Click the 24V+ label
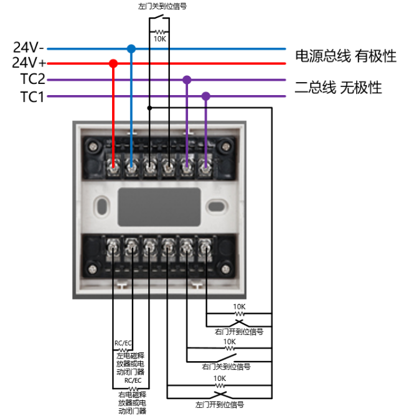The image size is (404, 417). coord(28,63)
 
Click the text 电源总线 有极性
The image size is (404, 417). coord(345,57)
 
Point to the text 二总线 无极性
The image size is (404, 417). coord(338,88)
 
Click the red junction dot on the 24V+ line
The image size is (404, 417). coord(113,63)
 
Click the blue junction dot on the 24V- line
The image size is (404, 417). coord(131,48)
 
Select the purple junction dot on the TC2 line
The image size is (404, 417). coord(186,80)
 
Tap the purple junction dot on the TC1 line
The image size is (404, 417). coord(205,96)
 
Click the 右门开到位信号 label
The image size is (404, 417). coord(239,332)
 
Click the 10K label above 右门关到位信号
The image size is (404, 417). coord(230,342)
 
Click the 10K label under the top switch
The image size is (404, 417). coord(160,39)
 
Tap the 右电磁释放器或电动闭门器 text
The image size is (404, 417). coord(131,402)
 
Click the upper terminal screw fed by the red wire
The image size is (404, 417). coord(113,167)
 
